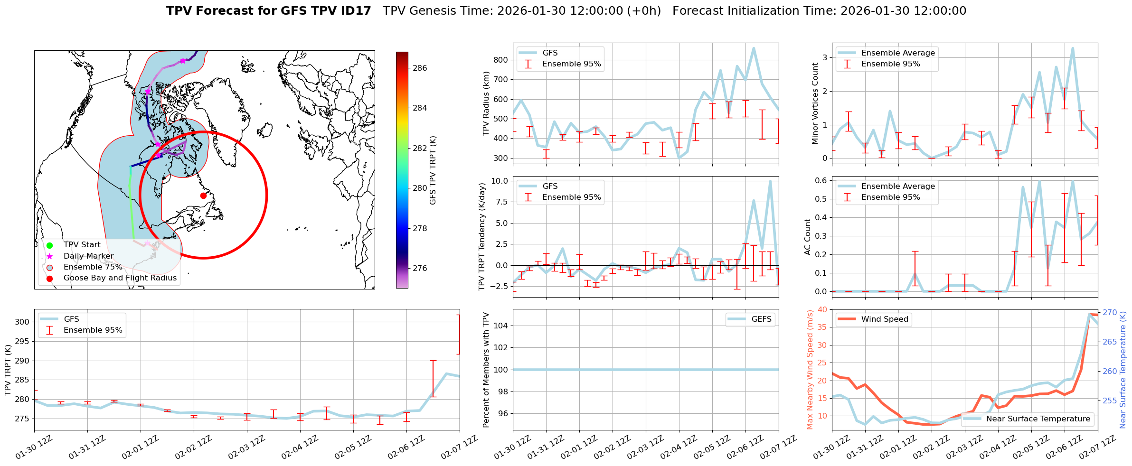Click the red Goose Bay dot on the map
(x=203, y=196)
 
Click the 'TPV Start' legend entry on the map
(x=82, y=245)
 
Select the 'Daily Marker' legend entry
(x=88, y=256)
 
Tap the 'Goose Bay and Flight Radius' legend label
(x=120, y=278)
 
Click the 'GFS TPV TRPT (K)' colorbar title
(x=433, y=170)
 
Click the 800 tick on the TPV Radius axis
(x=501, y=60)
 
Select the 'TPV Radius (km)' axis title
(x=486, y=103)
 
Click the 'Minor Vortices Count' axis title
(x=815, y=103)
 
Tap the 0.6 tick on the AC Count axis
(x=821, y=180)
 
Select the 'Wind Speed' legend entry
(x=884, y=319)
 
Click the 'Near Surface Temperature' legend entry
(x=1038, y=419)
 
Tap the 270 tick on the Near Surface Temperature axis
(x=1110, y=313)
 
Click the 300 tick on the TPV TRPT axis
(x=22, y=322)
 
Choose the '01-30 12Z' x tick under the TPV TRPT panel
(x=34, y=447)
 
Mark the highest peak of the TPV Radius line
(x=754, y=47)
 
